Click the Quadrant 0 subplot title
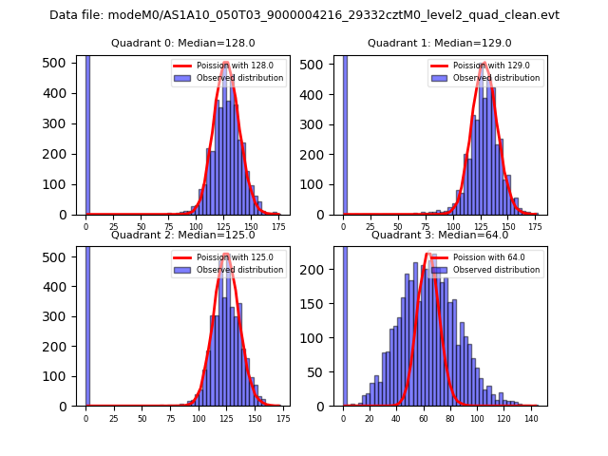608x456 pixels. pyautogui.click(x=182, y=43)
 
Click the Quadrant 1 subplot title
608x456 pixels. pyautogui.click(x=440, y=43)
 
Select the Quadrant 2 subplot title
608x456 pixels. pyautogui.click(x=182, y=235)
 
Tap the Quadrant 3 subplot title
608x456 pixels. pyautogui.click(x=440, y=235)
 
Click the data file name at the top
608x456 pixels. pyautogui.click(x=304, y=15)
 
